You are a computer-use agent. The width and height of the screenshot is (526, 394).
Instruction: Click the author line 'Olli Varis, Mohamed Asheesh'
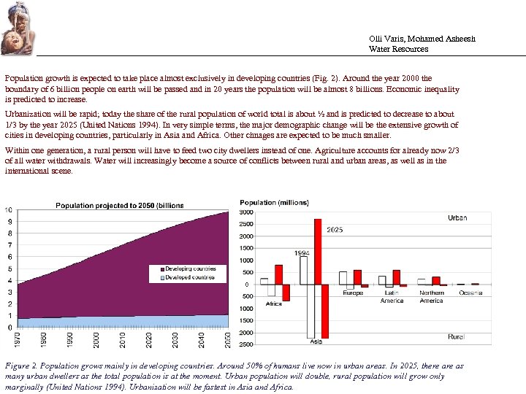pos(422,39)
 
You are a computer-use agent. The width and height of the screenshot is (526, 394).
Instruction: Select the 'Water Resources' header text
pos(398,50)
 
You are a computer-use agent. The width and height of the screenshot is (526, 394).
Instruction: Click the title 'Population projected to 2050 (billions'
pos(120,206)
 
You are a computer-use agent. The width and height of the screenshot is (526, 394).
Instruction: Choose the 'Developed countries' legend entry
pos(189,277)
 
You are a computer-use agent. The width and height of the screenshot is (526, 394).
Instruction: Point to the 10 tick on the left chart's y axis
pos(9,210)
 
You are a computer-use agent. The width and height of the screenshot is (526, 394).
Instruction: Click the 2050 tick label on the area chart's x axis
pos(229,340)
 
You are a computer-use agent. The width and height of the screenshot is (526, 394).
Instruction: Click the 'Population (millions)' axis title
pos(268,203)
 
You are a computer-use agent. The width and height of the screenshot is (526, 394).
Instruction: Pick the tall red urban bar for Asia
pos(318,251)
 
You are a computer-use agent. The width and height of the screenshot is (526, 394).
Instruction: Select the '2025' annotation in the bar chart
pos(335,230)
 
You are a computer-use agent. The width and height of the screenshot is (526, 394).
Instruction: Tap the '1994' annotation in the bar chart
pos(302,253)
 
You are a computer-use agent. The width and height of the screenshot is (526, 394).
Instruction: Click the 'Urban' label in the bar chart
pos(457,218)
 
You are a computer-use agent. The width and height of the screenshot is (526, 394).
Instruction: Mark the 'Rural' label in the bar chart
pos(457,337)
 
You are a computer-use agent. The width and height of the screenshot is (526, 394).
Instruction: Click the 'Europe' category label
pos(353,293)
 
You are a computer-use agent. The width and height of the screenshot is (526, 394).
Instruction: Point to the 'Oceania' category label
pos(470,293)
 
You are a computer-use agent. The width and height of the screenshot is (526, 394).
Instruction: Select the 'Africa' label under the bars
pos(274,304)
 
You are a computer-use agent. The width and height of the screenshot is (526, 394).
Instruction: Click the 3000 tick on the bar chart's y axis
pos(247,212)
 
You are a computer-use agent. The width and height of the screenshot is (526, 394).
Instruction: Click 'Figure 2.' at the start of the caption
pos(21,366)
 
